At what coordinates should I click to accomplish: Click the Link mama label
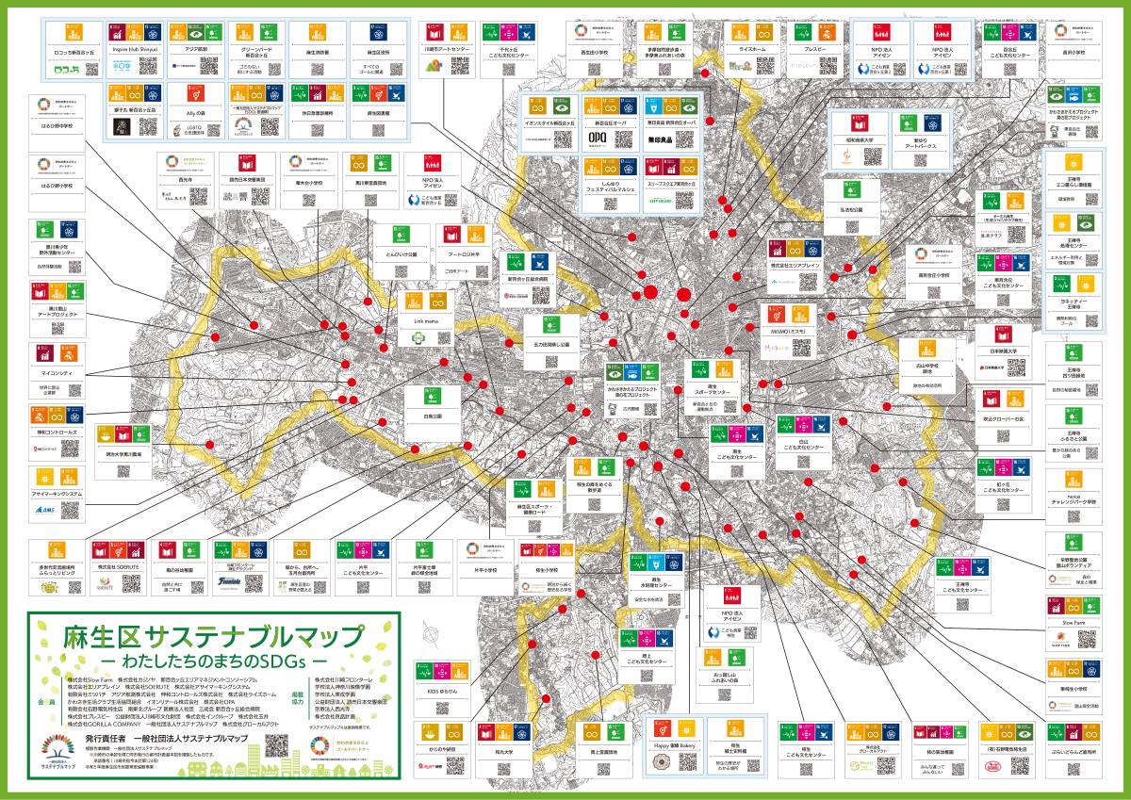426,320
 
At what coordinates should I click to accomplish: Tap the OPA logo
595,138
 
